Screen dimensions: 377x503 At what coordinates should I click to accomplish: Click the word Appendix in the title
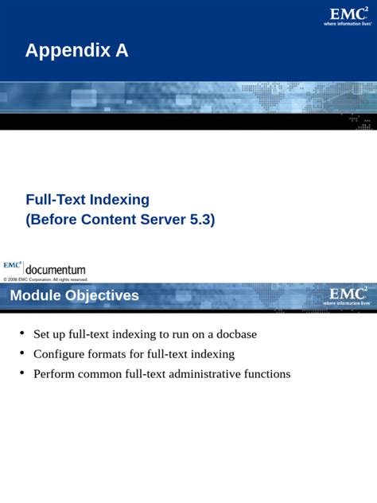[x=68, y=51]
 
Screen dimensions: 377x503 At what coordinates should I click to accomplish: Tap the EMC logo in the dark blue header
[x=348, y=17]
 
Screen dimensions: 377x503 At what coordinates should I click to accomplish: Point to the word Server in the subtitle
[x=163, y=220]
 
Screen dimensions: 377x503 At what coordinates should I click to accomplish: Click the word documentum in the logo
[x=56, y=270]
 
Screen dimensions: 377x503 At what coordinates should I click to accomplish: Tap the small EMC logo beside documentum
[x=13, y=265]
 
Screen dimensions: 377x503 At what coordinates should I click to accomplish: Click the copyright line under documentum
[x=45, y=279]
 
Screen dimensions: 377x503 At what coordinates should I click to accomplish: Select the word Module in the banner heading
[x=36, y=295]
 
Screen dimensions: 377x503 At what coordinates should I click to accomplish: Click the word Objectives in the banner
[x=103, y=296]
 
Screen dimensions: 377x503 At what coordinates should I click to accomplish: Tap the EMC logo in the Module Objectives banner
[x=348, y=296]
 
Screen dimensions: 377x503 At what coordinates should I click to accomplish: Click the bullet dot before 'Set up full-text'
[x=21, y=333]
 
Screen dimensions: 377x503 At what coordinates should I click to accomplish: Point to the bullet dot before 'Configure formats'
[x=21, y=353]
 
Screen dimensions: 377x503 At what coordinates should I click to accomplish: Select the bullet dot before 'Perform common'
[x=21, y=372]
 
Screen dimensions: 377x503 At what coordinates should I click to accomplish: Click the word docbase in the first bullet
[x=236, y=334]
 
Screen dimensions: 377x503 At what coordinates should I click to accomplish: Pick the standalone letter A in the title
[x=122, y=51]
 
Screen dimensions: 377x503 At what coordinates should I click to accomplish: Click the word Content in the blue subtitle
[x=109, y=220]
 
